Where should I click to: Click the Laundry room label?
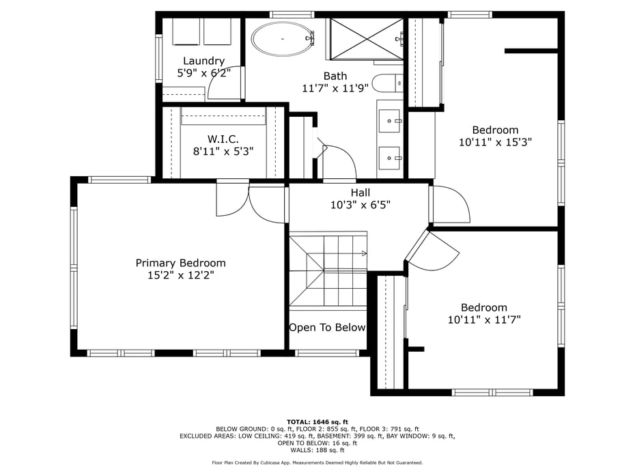click(203, 61)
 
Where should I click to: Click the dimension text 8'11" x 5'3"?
click(223, 152)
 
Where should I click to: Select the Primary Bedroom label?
click(180, 263)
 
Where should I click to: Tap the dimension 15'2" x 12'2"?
click(180, 276)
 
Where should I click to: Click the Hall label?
click(361, 193)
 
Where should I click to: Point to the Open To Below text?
click(327, 328)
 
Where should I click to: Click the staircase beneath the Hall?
click(328, 270)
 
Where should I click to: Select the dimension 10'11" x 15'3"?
click(495, 142)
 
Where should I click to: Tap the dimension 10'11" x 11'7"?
click(484, 320)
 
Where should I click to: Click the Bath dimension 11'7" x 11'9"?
click(335, 88)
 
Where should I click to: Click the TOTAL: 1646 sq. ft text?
click(317, 421)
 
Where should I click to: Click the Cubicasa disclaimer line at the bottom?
click(317, 463)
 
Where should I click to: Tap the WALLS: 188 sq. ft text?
click(317, 450)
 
